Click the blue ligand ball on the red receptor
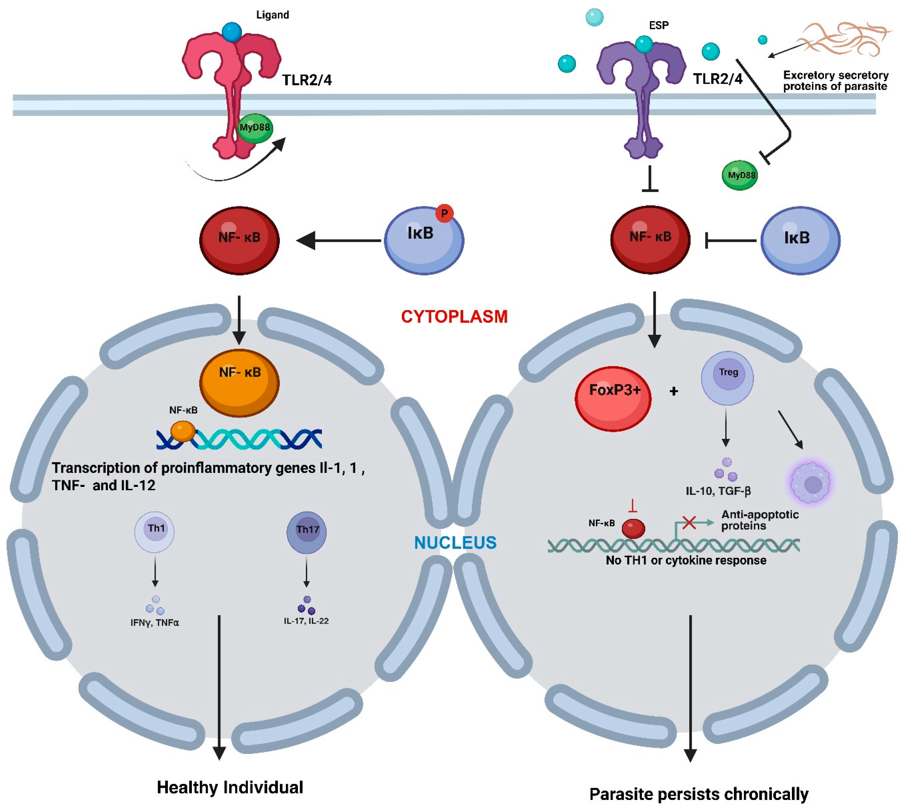pos(232,32)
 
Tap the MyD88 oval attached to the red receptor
pos(255,128)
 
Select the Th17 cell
pos(307,532)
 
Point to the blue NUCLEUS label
pos(455,543)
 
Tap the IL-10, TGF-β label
pos(718,491)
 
